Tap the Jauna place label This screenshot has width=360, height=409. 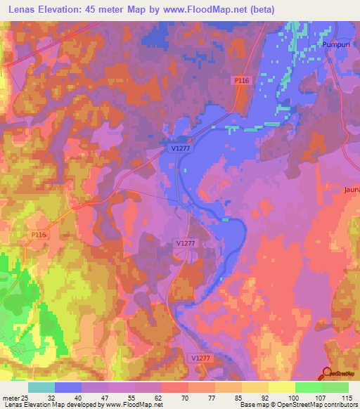point(352,190)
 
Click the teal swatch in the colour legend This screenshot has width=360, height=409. point(41,387)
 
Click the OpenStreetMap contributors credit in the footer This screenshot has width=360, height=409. point(315,405)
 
